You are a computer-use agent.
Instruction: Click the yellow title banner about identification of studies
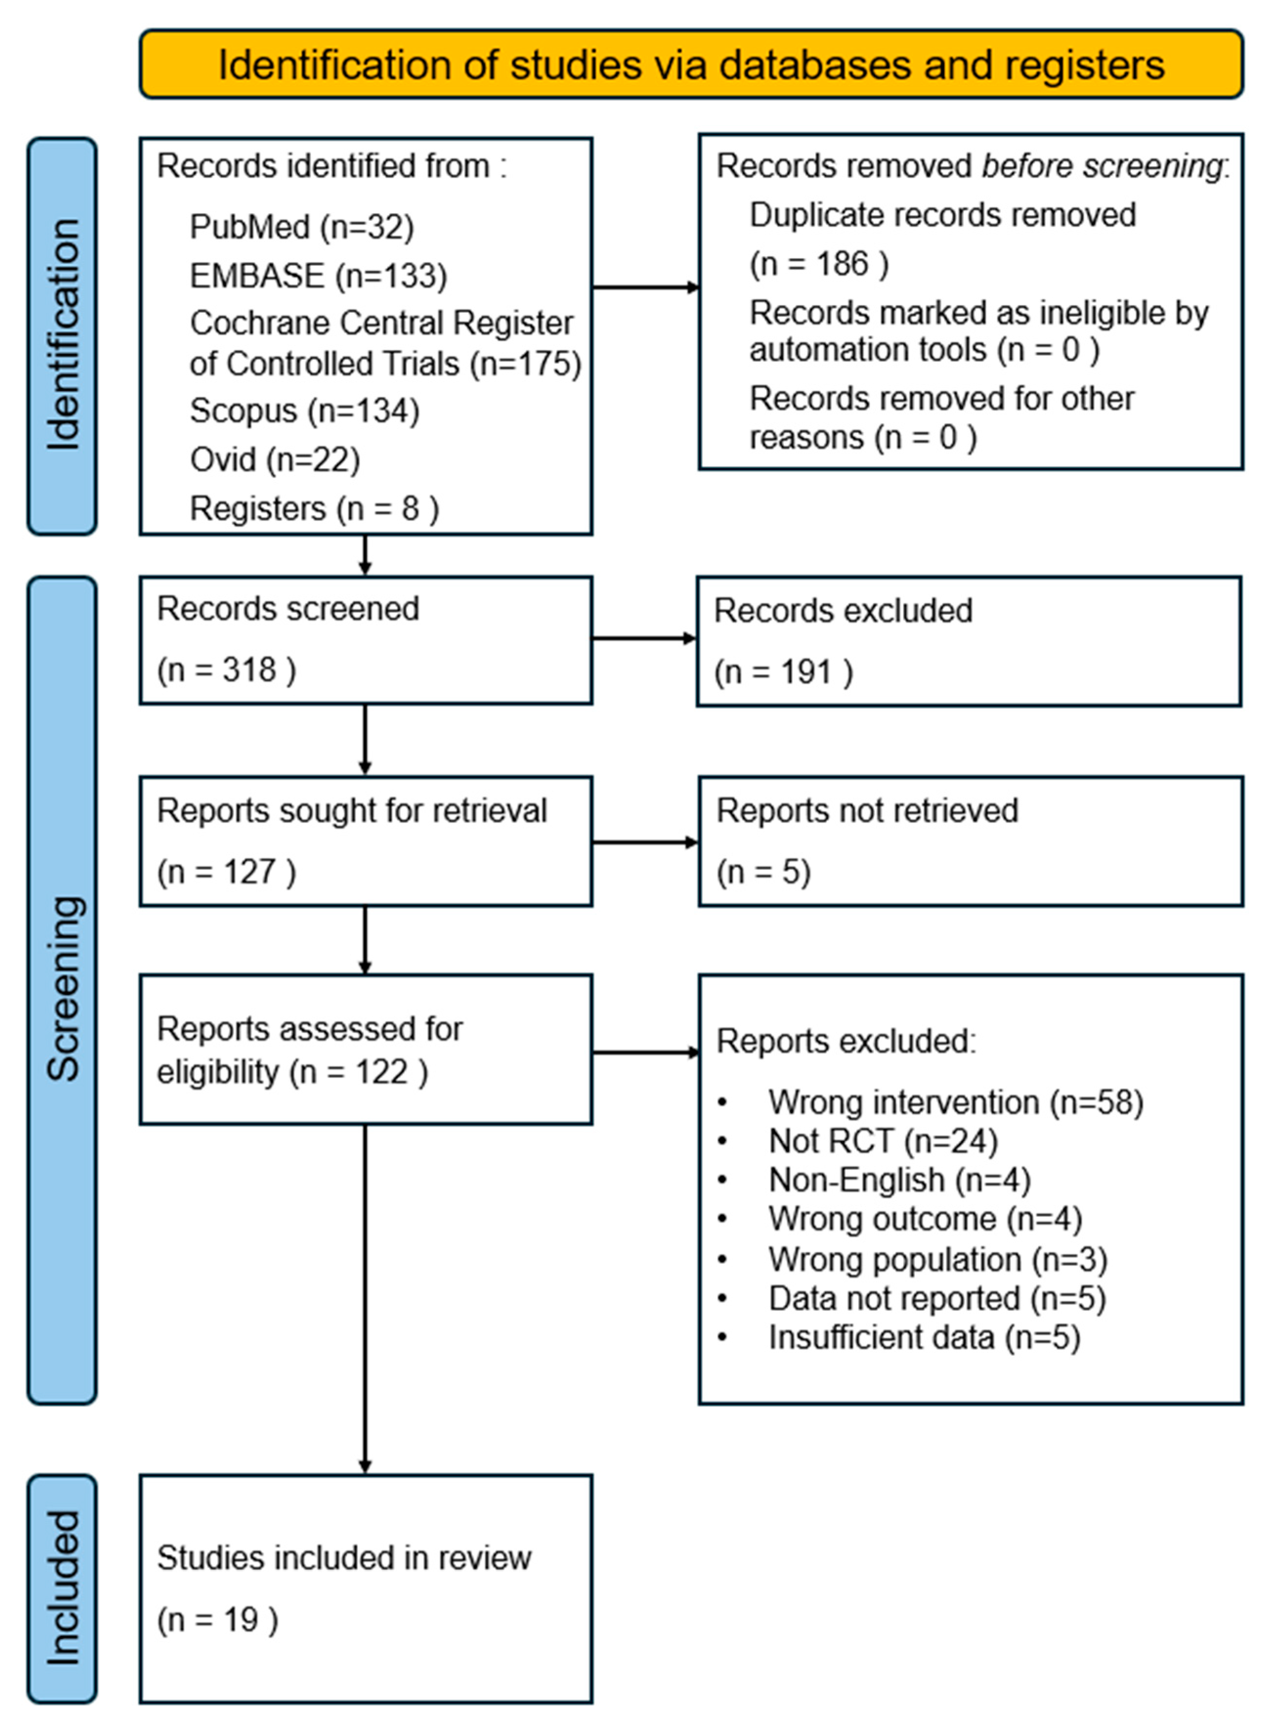[691, 65]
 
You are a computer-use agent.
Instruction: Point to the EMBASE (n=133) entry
[318, 276]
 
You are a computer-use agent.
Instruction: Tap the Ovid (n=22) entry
[275, 460]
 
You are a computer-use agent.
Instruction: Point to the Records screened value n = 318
[226, 670]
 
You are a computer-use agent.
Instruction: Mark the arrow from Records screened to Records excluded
[644, 638]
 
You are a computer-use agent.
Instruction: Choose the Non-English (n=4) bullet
[899, 1180]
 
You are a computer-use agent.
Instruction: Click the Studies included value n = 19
[218, 1619]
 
